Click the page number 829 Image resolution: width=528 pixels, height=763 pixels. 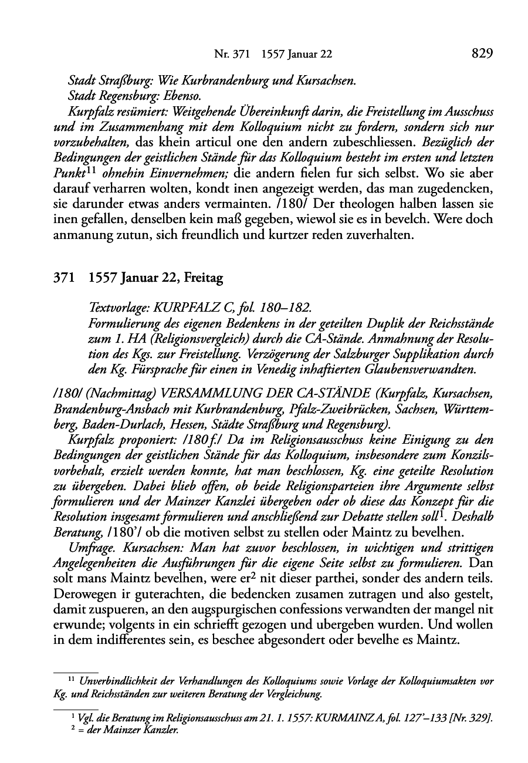coord(482,54)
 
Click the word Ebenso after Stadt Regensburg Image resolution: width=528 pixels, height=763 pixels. coord(187,95)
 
